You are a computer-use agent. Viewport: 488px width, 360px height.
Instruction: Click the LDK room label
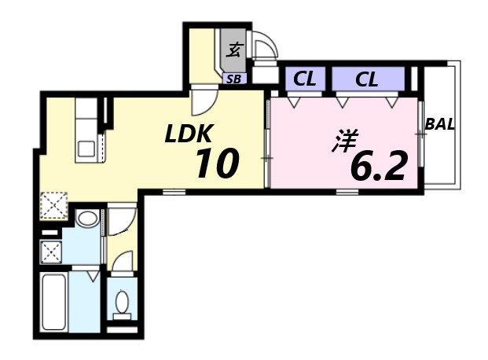pos(189,134)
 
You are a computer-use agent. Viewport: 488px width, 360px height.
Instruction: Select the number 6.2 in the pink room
pos(378,166)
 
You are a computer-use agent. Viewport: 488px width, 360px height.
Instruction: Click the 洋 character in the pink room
pos(344,141)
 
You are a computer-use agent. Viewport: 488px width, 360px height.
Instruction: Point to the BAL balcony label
pos(440,124)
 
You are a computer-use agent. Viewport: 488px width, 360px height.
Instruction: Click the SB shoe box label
pos(233,79)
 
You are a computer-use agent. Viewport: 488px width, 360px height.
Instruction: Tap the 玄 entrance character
pos(233,51)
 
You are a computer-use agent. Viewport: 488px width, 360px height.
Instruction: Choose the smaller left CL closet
pos(304,79)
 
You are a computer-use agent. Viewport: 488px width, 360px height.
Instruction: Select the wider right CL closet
pos(366,79)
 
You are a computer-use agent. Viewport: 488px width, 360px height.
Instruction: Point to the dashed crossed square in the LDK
pos(53,204)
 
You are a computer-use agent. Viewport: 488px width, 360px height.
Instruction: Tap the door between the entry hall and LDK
pos(203,102)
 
